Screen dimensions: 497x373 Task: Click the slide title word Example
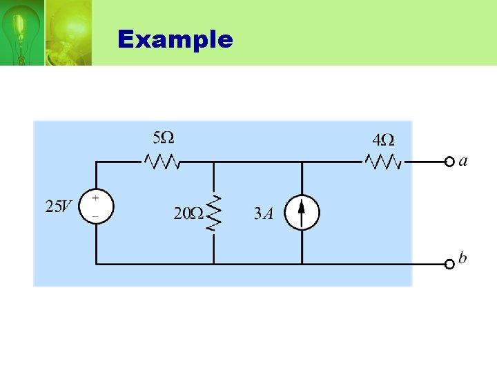pyautogui.click(x=175, y=39)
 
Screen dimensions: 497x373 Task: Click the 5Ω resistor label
pyautogui.click(x=163, y=137)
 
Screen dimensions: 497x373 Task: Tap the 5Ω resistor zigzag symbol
pyautogui.click(x=163, y=162)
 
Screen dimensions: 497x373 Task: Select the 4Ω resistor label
pyautogui.click(x=383, y=140)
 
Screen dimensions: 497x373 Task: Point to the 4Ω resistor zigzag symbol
pyautogui.click(x=383, y=162)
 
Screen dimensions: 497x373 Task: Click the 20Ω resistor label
pyautogui.click(x=188, y=213)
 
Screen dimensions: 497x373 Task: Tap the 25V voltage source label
pyautogui.click(x=59, y=207)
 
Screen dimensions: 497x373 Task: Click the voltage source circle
pyautogui.click(x=96, y=207)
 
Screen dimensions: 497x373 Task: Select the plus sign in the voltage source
pyautogui.click(x=95, y=198)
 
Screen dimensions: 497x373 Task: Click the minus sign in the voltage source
pyautogui.click(x=95, y=216)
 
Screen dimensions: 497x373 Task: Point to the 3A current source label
pyautogui.click(x=264, y=213)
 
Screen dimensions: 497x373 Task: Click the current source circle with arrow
pyautogui.click(x=302, y=212)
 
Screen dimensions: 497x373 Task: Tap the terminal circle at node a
pyautogui.click(x=449, y=162)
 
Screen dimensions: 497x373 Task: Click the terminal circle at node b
pyautogui.click(x=449, y=263)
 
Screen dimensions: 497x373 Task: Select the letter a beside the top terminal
pyautogui.click(x=463, y=161)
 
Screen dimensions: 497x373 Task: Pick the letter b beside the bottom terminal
pyautogui.click(x=462, y=258)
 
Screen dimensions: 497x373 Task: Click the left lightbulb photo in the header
pyautogui.click(x=21, y=32)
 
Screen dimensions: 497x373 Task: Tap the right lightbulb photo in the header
pyautogui.click(x=68, y=32)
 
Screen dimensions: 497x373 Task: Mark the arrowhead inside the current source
pyautogui.click(x=302, y=205)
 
